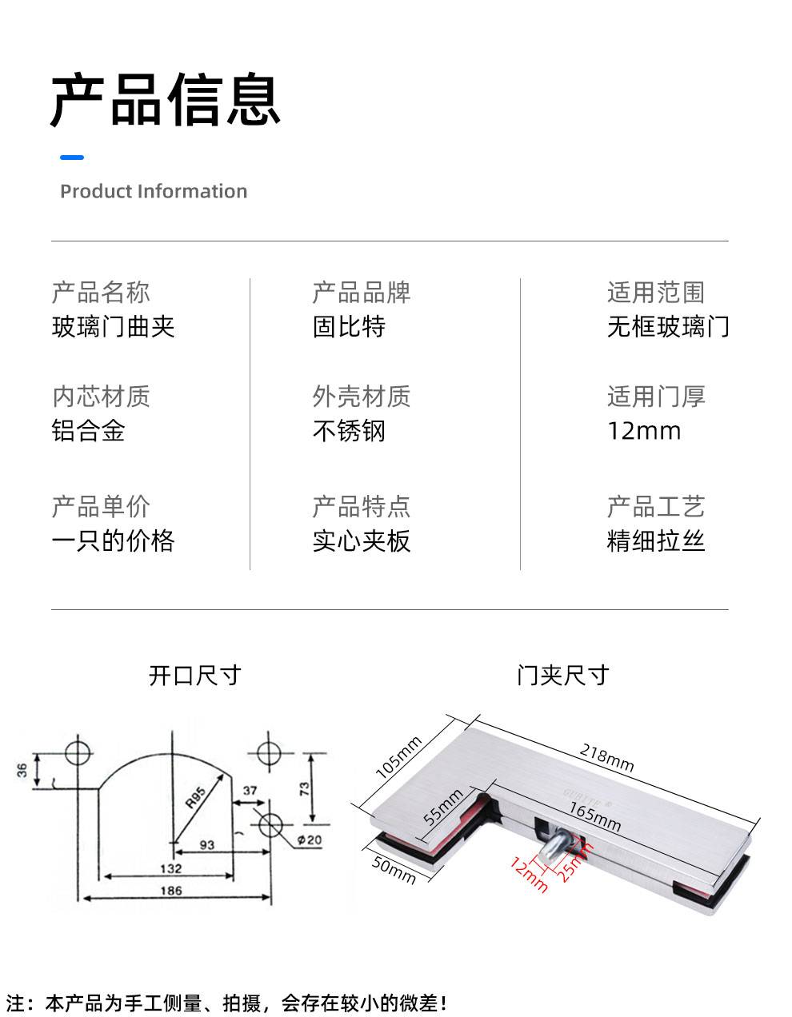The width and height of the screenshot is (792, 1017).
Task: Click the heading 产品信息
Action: (x=166, y=100)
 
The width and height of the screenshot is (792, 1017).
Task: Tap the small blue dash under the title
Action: (x=72, y=158)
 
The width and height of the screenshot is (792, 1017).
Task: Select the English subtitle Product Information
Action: (x=154, y=191)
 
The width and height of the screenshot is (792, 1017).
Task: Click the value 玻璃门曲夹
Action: (x=114, y=327)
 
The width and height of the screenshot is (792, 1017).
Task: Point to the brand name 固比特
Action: (x=349, y=327)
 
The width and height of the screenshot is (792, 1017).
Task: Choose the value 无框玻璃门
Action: (x=668, y=327)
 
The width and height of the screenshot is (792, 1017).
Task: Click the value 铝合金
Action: (x=89, y=431)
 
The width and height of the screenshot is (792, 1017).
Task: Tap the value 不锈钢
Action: (x=349, y=431)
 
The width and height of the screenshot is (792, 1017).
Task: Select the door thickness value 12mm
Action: (x=644, y=431)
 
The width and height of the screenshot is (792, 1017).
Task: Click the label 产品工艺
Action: (x=656, y=506)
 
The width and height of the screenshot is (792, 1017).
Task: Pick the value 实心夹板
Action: (x=362, y=541)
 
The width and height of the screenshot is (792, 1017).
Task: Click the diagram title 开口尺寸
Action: (x=195, y=676)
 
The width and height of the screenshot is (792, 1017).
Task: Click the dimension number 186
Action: (x=171, y=891)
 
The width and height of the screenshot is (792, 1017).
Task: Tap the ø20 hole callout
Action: (x=310, y=840)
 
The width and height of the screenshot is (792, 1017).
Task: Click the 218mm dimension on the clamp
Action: (x=606, y=758)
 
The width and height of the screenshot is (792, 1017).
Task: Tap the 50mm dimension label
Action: (x=394, y=870)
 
